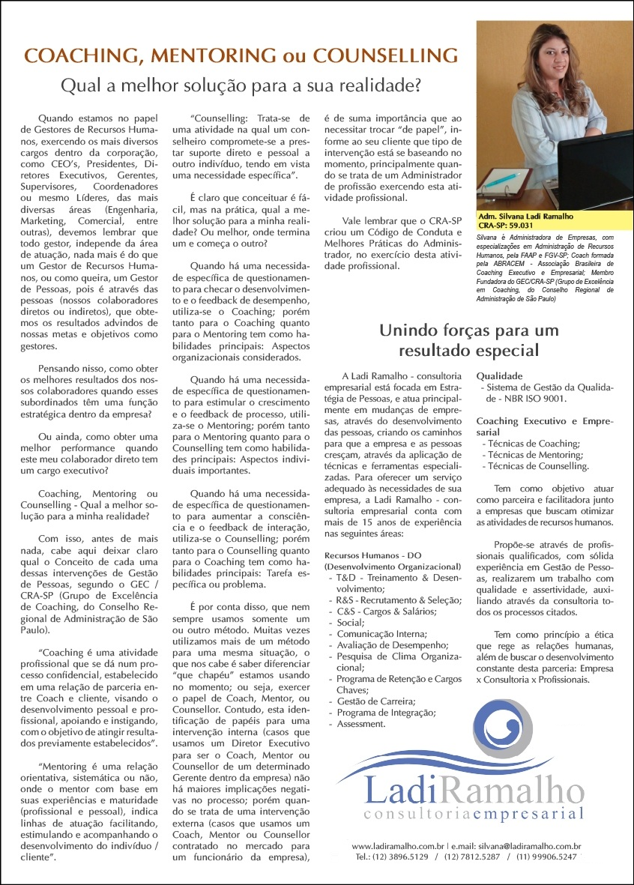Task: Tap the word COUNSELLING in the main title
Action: (385, 55)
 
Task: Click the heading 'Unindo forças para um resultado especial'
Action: (468, 339)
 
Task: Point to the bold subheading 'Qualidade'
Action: (499, 376)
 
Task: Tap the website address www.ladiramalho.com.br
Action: (399, 846)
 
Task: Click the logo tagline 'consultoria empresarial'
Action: (472, 814)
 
